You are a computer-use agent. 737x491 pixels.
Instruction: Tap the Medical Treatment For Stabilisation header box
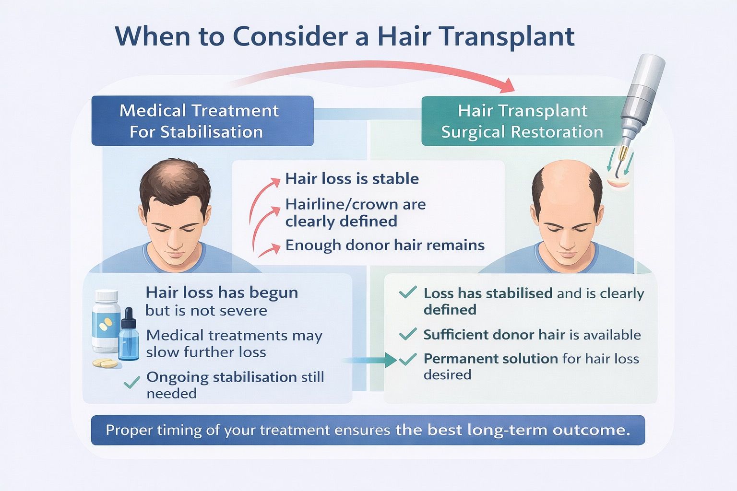tap(202, 121)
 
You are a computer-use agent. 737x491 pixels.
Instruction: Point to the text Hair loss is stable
tap(352, 179)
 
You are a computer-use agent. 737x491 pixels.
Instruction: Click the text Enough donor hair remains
tap(385, 245)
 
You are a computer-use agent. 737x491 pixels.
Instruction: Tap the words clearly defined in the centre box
tap(341, 221)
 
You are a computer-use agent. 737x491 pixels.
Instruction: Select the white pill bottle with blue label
tap(106, 321)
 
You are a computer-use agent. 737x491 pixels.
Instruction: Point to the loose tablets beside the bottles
tap(105, 363)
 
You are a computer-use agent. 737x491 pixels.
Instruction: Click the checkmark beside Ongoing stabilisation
tap(131, 382)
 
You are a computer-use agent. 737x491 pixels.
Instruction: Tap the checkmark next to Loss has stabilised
tap(408, 292)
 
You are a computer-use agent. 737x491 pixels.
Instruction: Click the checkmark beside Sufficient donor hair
tap(408, 334)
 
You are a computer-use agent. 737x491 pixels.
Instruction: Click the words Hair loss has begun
tap(222, 292)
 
